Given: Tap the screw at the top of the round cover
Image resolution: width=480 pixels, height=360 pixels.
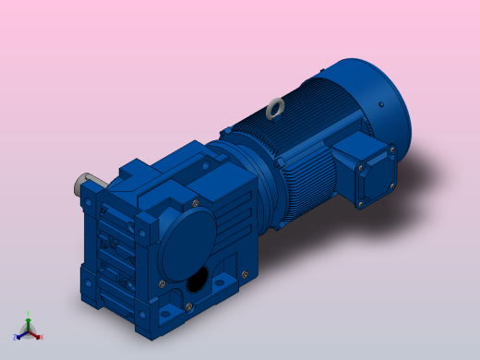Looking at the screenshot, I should [x=196, y=202].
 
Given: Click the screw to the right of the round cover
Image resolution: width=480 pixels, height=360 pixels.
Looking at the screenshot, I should [x=244, y=273].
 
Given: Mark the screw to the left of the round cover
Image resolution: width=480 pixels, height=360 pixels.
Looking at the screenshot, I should [x=162, y=283].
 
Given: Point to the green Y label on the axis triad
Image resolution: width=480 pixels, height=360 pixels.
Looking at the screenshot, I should [x=28, y=315].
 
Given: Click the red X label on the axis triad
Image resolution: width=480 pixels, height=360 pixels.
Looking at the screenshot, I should [x=41, y=337].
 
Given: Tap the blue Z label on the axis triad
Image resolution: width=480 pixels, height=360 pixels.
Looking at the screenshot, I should [x=16, y=337].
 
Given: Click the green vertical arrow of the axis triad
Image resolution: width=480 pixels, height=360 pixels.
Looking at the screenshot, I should [x=28, y=323].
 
